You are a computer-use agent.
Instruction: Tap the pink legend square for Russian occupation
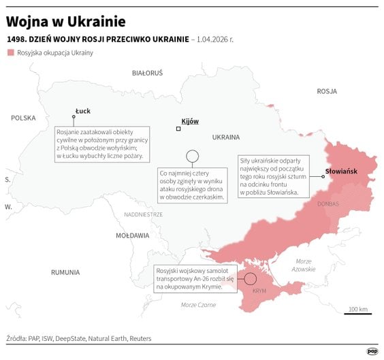pyautogui.click(x=10, y=52)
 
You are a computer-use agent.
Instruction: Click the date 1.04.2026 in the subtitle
pyautogui.click(x=213, y=39)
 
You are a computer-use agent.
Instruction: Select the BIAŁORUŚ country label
pyautogui.click(x=147, y=72)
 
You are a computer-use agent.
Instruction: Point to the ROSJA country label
pyautogui.click(x=327, y=91)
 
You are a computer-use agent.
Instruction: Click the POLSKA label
pyautogui.click(x=23, y=118)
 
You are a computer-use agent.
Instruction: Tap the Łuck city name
pyautogui.click(x=83, y=111)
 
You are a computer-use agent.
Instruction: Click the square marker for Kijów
pyautogui.click(x=178, y=129)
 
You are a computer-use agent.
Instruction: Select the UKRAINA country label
pyautogui.click(x=226, y=137)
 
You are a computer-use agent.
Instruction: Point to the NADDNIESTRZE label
pyautogui.click(x=143, y=214)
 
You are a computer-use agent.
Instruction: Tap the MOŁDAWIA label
pyautogui.click(x=132, y=235)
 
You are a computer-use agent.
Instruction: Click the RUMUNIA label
pyautogui.click(x=65, y=272)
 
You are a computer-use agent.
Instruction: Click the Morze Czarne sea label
pyautogui.click(x=198, y=305)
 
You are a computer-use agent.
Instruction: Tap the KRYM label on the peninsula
pyautogui.click(x=259, y=291)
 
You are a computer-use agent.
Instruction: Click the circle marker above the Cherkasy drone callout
pyautogui.click(x=192, y=156)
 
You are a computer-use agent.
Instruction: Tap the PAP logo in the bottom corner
pyautogui.click(x=372, y=351)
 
